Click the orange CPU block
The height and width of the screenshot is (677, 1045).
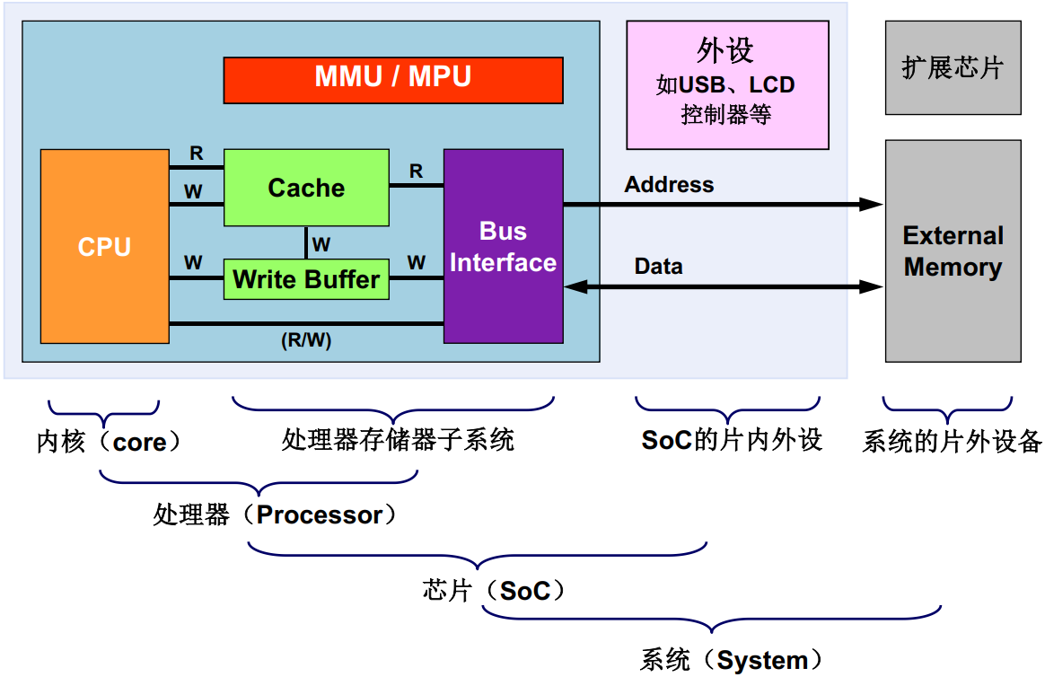105,247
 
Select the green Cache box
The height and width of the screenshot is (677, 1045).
306,188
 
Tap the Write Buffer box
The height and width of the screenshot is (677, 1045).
306,279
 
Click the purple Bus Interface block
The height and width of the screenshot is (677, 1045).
503,247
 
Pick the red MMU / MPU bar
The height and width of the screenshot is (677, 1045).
393,81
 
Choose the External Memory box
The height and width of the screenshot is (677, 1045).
953,251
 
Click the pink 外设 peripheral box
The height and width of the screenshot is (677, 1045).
728,85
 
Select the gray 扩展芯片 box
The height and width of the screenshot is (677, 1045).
953,68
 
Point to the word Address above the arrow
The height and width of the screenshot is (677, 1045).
669,185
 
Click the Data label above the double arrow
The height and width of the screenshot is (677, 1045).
658,267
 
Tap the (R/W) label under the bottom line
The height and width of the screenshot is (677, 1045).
306,340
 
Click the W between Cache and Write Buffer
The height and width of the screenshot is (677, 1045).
321,244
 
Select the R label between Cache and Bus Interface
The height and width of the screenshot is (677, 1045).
417,171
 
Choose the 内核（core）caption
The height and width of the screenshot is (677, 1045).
109,442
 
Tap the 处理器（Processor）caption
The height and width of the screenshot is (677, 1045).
275,515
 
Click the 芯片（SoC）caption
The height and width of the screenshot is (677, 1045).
493,591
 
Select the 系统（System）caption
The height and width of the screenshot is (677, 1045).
731,660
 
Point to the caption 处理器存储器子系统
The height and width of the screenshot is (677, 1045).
398,441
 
